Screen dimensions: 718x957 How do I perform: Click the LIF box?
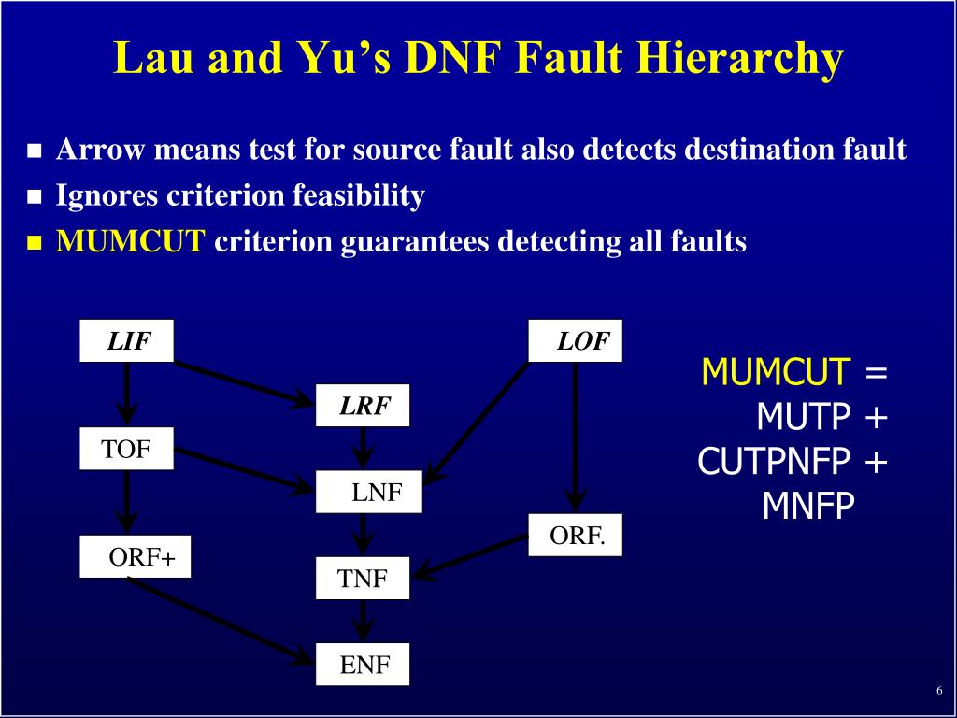[126, 341]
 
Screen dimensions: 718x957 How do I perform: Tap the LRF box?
[362, 406]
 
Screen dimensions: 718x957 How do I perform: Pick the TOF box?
[126, 450]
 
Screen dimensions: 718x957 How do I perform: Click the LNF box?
[369, 493]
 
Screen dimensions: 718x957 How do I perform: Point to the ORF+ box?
[135, 557]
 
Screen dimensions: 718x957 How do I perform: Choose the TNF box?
[362, 579]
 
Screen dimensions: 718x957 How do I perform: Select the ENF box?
[363, 666]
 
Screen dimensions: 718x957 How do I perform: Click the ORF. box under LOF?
[575, 536]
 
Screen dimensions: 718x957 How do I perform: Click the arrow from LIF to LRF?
[243, 383]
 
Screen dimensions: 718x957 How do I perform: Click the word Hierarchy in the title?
[741, 58]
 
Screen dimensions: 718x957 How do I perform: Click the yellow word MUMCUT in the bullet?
[130, 242]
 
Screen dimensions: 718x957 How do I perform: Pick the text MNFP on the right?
[808, 506]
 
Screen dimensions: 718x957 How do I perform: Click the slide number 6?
[938, 691]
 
